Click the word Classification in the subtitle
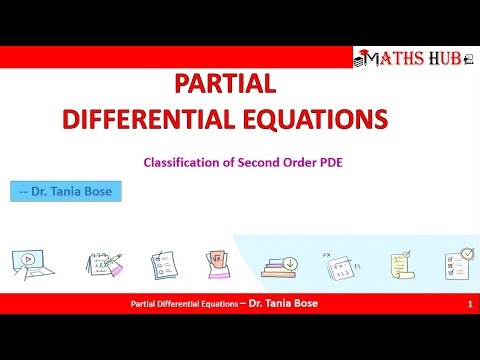click(180, 160)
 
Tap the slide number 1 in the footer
click(469, 303)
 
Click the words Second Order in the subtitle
click(268, 160)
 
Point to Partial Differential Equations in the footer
click(184, 303)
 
